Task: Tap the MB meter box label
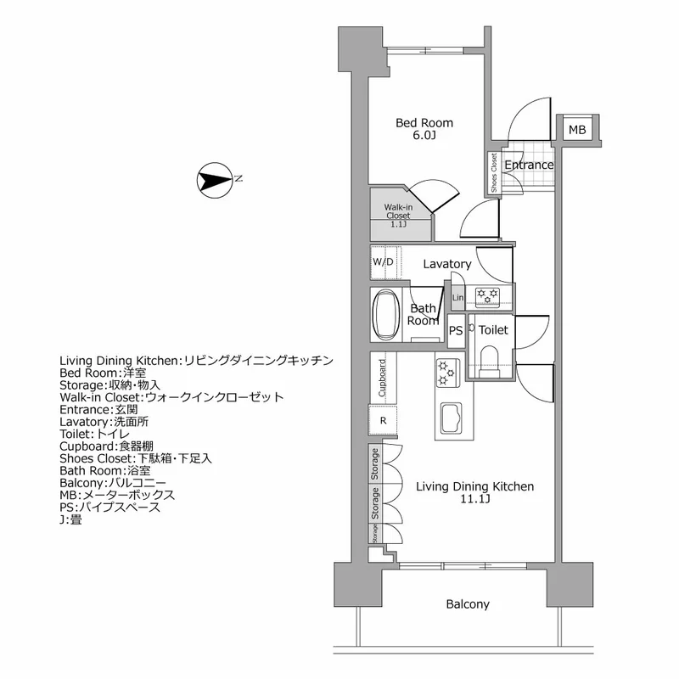point(577,130)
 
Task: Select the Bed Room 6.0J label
point(424,129)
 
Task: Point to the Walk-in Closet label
point(397,216)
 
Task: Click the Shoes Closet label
point(493,173)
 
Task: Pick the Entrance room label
point(529,165)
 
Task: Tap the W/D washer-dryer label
point(383,262)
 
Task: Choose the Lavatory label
point(447,264)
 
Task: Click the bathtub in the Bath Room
point(386,313)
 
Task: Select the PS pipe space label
point(456,331)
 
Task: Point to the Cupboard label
point(383,379)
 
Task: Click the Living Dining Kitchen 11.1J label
point(474,493)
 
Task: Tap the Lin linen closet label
point(458,297)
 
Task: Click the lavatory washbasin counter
point(489,295)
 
